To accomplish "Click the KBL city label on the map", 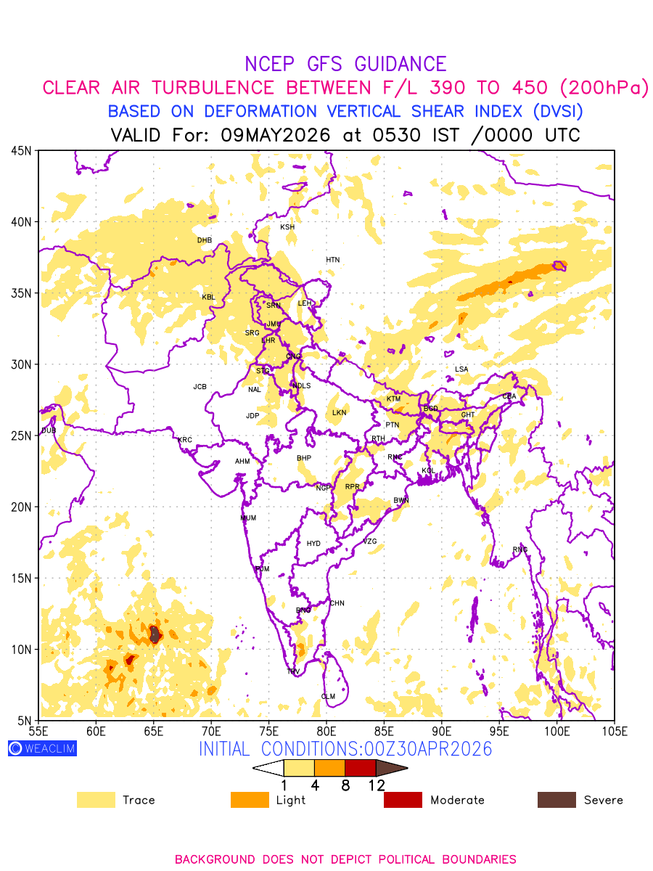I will pyautogui.click(x=209, y=297).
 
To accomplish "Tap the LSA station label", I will pyautogui.click(x=461, y=369).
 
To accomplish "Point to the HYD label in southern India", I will pyautogui.click(x=313, y=544).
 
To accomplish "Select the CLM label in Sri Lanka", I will pyautogui.click(x=328, y=697).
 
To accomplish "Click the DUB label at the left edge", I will pyautogui.click(x=49, y=430).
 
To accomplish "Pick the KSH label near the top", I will pyautogui.click(x=287, y=227).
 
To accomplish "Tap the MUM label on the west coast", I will pyautogui.click(x=248, y=518).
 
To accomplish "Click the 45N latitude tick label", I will pyautogui.click(x=21, y=151).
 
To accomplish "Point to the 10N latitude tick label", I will pyautogui.click(x=21, y=650).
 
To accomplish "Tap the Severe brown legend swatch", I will pyautogui.click(x=557, y=800).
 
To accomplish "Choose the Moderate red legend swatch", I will pyautogui.click(x=403, y=800).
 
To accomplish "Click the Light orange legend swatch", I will pyautogui.click(x=249, y=800).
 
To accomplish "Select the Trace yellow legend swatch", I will pyautogui.click(x=96, y=800).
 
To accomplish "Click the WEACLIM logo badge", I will pyautogui.click(x=42, y=748).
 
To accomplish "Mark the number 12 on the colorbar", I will pyautogui.click(x=376, y=785).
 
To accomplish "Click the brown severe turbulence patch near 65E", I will pyautogui.click(x=155, y=634).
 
